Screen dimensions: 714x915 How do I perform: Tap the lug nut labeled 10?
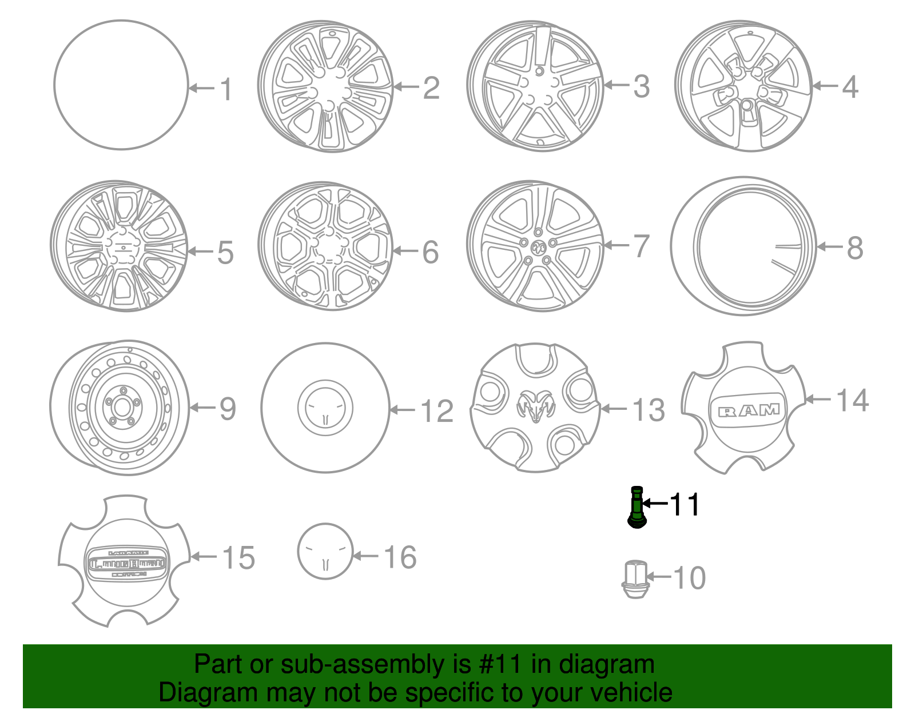(635, 580)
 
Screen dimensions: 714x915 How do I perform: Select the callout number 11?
(685, 505)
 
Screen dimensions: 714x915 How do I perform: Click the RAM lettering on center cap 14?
(749, 410)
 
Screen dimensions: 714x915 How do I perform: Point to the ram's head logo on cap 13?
(536, 406)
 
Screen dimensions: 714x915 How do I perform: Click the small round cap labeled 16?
(325, 552)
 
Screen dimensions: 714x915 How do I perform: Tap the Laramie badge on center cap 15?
(128, 563)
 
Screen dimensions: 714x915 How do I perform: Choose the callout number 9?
(228, 409)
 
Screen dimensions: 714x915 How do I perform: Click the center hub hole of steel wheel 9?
(122, 408)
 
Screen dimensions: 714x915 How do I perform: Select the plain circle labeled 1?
(121, 85)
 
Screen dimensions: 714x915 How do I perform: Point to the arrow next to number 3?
(616, 85)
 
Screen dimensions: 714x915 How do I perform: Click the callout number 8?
(854, 248)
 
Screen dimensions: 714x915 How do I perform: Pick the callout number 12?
(437, 412)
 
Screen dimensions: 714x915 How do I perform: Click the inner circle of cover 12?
(325, 408)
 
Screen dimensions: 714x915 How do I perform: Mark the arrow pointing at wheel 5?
(200, 252)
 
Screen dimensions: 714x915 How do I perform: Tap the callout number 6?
(431, 252)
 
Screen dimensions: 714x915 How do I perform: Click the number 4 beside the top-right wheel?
(850, 87)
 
